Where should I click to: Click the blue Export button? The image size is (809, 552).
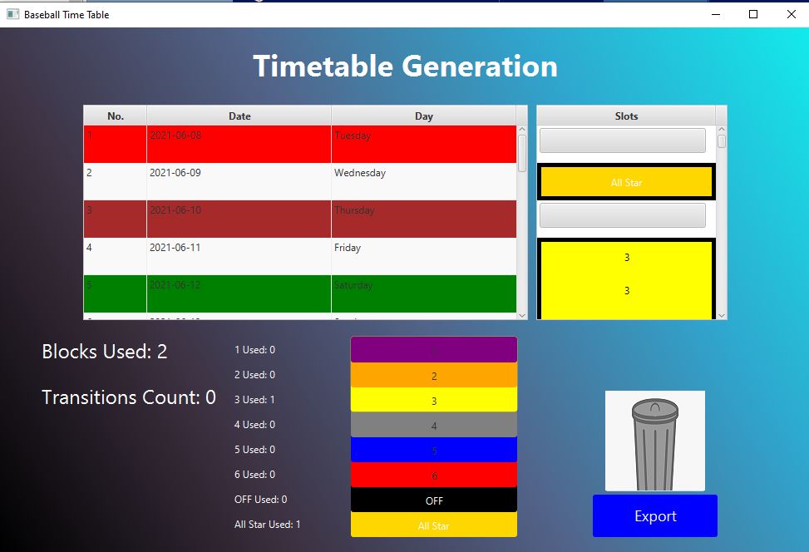(654, 516)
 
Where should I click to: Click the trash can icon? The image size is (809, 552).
(654, 441)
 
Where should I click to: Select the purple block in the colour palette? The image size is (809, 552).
(433, 350)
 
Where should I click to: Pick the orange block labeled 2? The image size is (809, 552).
(433, 376)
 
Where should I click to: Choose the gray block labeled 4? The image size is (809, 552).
(433, 426)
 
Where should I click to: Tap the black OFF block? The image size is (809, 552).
(433, 500)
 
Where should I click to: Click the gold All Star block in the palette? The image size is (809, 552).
(433, 525)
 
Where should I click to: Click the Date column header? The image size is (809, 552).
(239, 116)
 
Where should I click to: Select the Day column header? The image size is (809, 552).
(423, 116)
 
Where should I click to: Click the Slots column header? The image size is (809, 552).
(626, 116)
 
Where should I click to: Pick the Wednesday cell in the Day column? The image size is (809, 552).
(360, 173)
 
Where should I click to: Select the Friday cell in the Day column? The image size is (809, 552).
(348, 248)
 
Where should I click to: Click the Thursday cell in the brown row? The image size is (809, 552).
(354, 210)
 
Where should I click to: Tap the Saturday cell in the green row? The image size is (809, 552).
(353, 285)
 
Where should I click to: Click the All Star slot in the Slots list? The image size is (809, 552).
(626, 183)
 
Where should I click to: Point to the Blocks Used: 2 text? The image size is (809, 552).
(105, 352)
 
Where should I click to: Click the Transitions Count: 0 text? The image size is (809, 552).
(129, 397)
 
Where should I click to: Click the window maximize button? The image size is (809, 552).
(753, 14)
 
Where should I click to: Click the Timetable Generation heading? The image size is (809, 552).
(405, 67)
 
